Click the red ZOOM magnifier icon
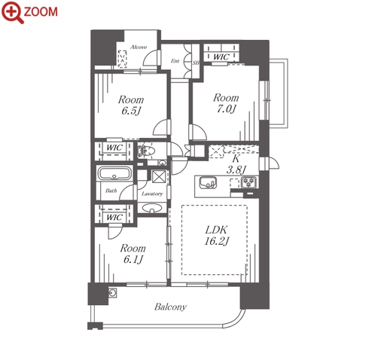pos(12,12)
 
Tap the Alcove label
pos(139,47)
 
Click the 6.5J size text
pos(130,111)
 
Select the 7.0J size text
pos(226,109)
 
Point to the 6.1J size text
pos(133,259)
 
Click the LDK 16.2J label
pos(216,235)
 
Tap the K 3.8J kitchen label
pos(236,164)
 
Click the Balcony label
pos(170,307)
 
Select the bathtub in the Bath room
pos(114,173)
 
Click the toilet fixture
pos(146,151)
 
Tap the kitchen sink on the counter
pos(208,182)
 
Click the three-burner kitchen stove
pos(248,182)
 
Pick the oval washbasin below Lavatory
pos(152,208)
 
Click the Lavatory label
pos(152,194)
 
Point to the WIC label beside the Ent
pos(221,57)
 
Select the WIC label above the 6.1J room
pos(114,217)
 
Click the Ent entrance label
pos(175,61)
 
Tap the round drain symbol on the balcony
pos(112,292)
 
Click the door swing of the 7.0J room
pos(200,132)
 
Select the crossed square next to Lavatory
pos(159,177)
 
